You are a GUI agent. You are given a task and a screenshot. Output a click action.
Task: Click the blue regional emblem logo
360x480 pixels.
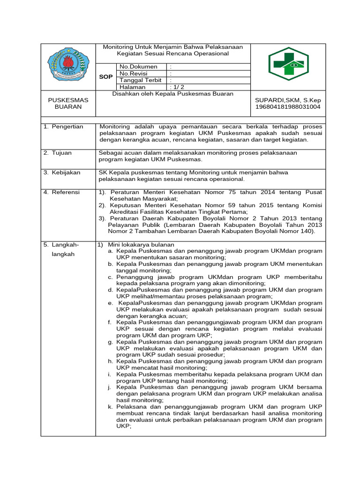(68, 66)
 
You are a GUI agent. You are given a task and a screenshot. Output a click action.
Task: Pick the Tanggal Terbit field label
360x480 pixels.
(141, 80)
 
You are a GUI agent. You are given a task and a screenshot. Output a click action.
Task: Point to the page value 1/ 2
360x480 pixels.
(178, 87)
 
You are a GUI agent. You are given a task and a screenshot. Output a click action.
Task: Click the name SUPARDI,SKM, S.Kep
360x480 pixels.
(288, 100)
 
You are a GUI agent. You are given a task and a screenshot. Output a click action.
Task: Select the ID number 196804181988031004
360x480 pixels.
(288, 107)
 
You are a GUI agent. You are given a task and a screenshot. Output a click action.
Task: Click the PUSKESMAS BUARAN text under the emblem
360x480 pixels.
(68, 104)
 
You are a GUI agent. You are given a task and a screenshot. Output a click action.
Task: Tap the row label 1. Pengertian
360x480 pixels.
(63, 127)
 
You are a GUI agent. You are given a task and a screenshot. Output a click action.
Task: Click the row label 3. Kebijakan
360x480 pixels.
(62, 172)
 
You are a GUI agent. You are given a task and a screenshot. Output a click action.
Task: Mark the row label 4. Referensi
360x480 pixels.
(62, 192)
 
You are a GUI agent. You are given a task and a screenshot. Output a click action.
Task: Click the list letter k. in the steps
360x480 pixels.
(110, 407)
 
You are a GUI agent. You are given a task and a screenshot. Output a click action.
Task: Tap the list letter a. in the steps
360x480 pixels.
(111, 251)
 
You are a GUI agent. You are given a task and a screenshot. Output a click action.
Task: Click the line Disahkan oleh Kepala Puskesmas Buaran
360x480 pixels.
(173, 94)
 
